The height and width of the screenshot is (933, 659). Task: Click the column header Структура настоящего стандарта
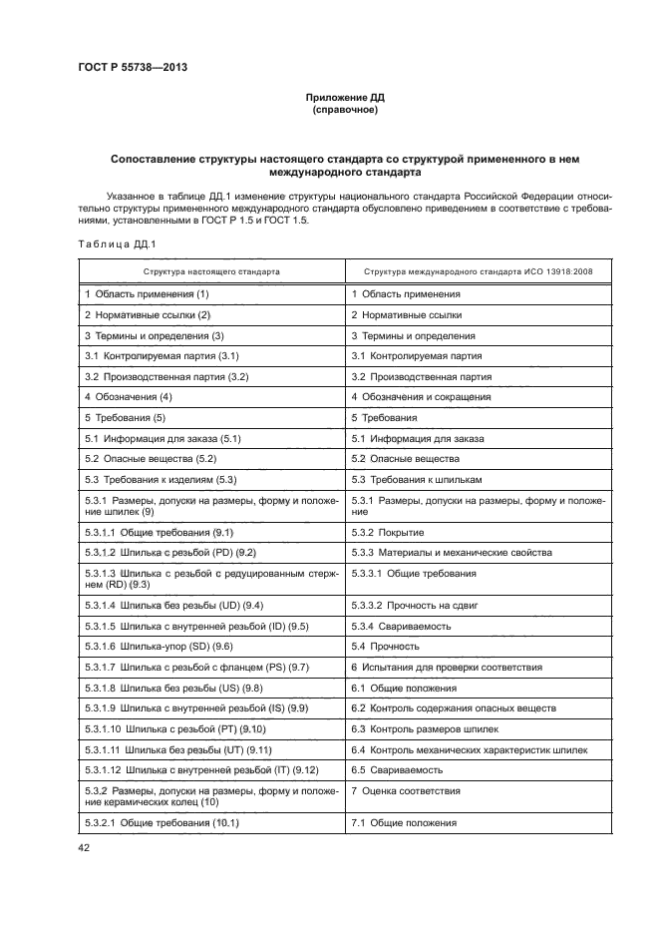point(211,270)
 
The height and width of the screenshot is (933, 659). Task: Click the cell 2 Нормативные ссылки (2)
point(150,315)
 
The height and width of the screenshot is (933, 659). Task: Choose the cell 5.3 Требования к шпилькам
point(422,480)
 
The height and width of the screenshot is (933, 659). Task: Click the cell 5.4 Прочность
point(389,647)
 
